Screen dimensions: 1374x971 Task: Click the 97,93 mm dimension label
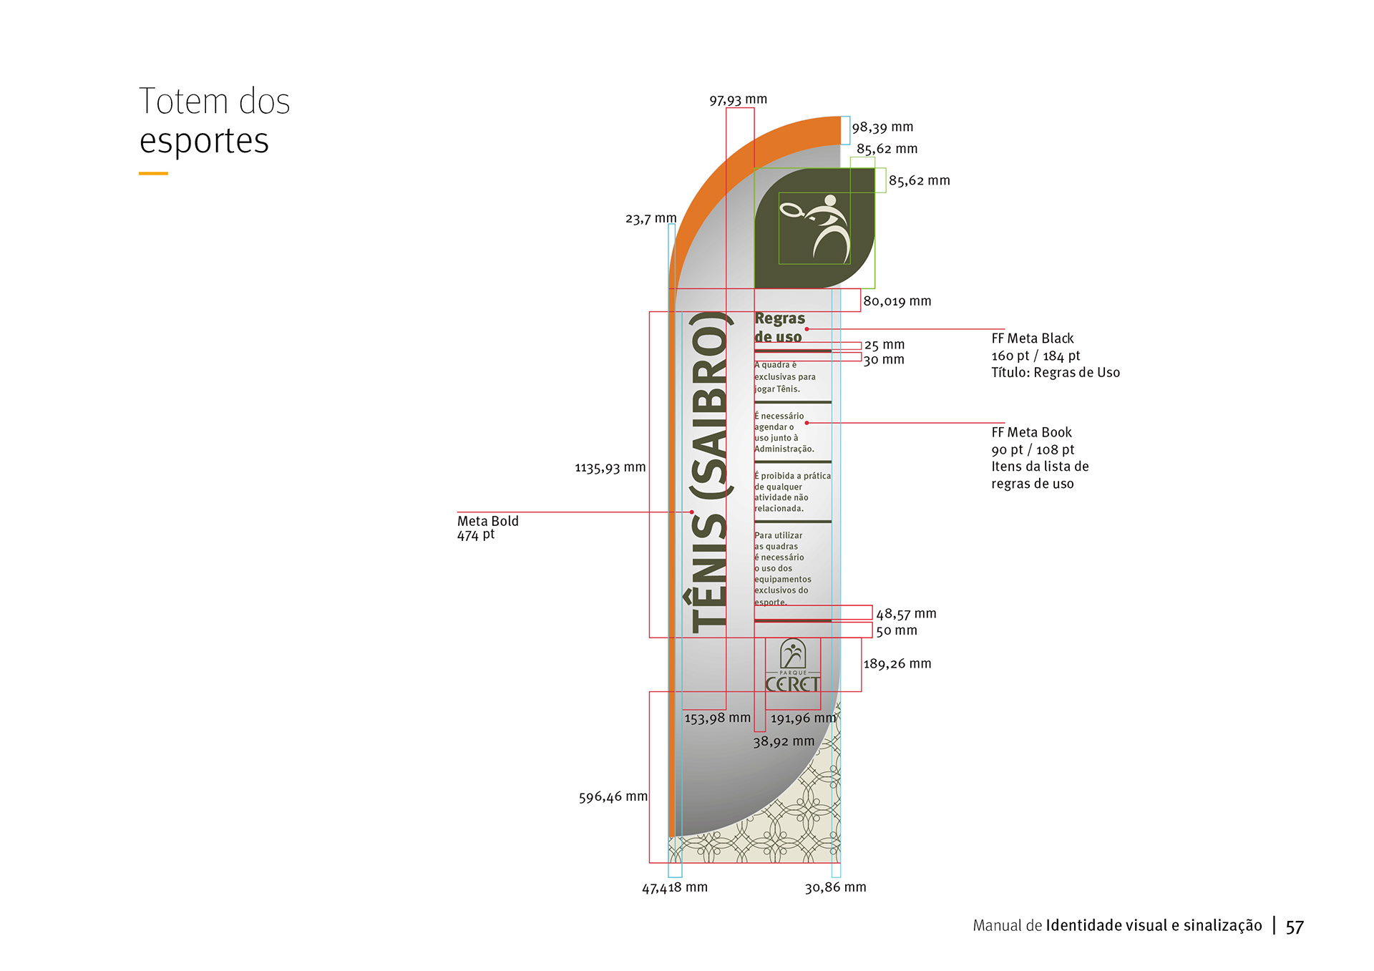coord(738,99)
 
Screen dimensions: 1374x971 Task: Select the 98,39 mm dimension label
coord(882,127)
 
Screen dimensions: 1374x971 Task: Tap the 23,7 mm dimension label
coord(651,218)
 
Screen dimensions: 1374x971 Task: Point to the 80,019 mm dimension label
coord(897,301)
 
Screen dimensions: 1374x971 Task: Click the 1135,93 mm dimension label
coord(610,468)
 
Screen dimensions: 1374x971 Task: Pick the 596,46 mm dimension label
coord(613,796)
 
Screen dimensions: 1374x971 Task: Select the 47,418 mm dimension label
coord(674,887)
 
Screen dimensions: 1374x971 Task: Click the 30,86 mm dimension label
coord(835,887)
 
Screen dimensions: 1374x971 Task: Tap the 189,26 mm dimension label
coord(897,663)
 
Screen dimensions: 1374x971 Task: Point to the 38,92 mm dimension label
coord(783,741)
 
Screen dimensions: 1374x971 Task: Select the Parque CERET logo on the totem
coord(792,665)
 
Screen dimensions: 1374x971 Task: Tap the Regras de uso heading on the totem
coord(779,327)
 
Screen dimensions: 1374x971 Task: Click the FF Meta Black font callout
coord(1055,355)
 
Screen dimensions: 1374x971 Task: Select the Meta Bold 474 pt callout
coord(487,527)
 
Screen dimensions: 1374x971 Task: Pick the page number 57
coord(1295,927)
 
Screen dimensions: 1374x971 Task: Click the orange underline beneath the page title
coord(153,173)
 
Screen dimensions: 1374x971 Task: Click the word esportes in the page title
coord(204,141)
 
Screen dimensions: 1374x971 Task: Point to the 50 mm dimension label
coord(896,630)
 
